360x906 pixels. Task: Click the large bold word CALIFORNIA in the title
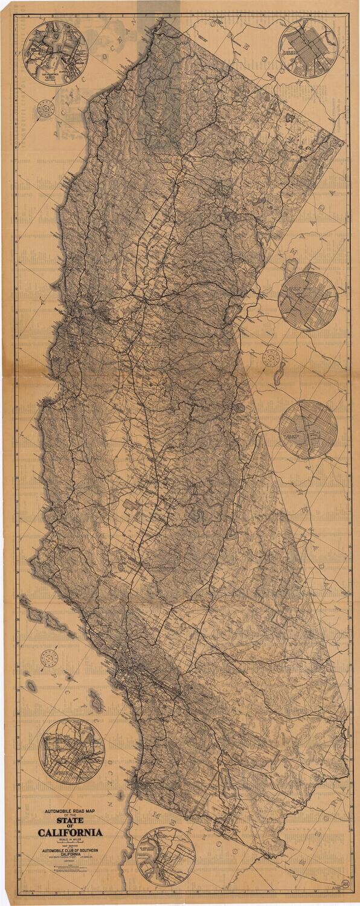pyautogui.click(x=71, y=833)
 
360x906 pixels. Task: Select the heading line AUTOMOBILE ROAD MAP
pyautogui.click(x=71, y=808)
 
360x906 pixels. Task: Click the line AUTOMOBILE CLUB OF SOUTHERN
pyautogui.click(x=71, y=852)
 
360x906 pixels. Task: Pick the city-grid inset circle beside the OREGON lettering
pyautogui.click(x=308, y=48)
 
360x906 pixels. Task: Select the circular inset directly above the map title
pyautogui.click(x=71, y=751)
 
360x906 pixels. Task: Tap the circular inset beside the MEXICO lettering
pyautogui.click(x=165, y=856)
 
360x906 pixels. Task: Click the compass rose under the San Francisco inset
pyautogui.click(x=45, y=109)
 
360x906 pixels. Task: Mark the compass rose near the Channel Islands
pyautogui.click(x=50, y=658)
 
